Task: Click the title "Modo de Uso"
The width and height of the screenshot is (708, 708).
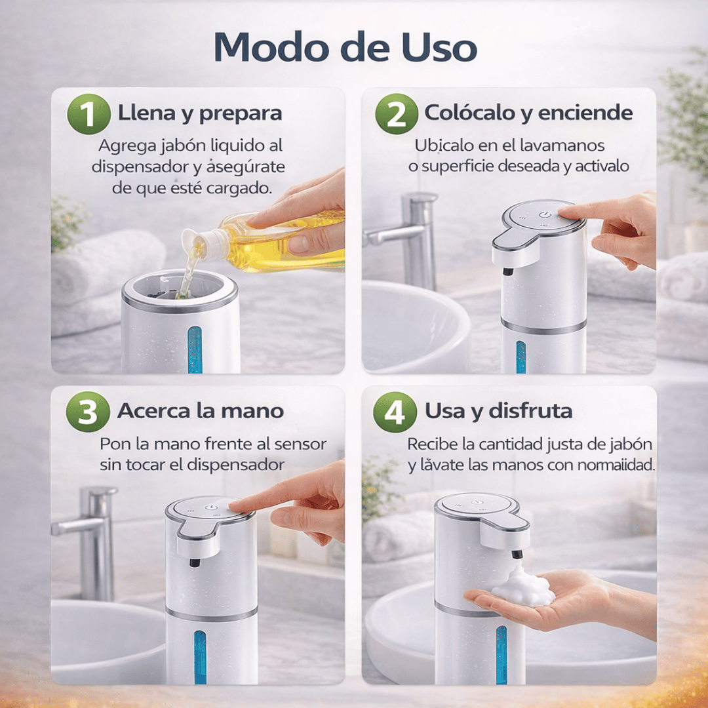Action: [345, 47]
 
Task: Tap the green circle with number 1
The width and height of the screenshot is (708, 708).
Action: [88, 114]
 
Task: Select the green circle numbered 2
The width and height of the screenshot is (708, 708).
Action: [396, 114]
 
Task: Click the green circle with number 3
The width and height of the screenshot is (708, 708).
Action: [88, 412]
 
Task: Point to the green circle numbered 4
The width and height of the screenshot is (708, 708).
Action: [395, 412]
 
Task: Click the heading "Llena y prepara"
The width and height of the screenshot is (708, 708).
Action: [199, 113]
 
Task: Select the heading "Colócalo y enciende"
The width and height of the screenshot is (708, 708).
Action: [528, 113]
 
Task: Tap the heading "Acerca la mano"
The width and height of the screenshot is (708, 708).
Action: [200, 411]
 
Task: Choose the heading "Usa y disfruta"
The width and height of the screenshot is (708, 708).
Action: [498, 411]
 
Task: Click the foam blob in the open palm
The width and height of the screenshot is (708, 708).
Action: [522, 587]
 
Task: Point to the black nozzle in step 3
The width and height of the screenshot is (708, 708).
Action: [195, 562]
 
